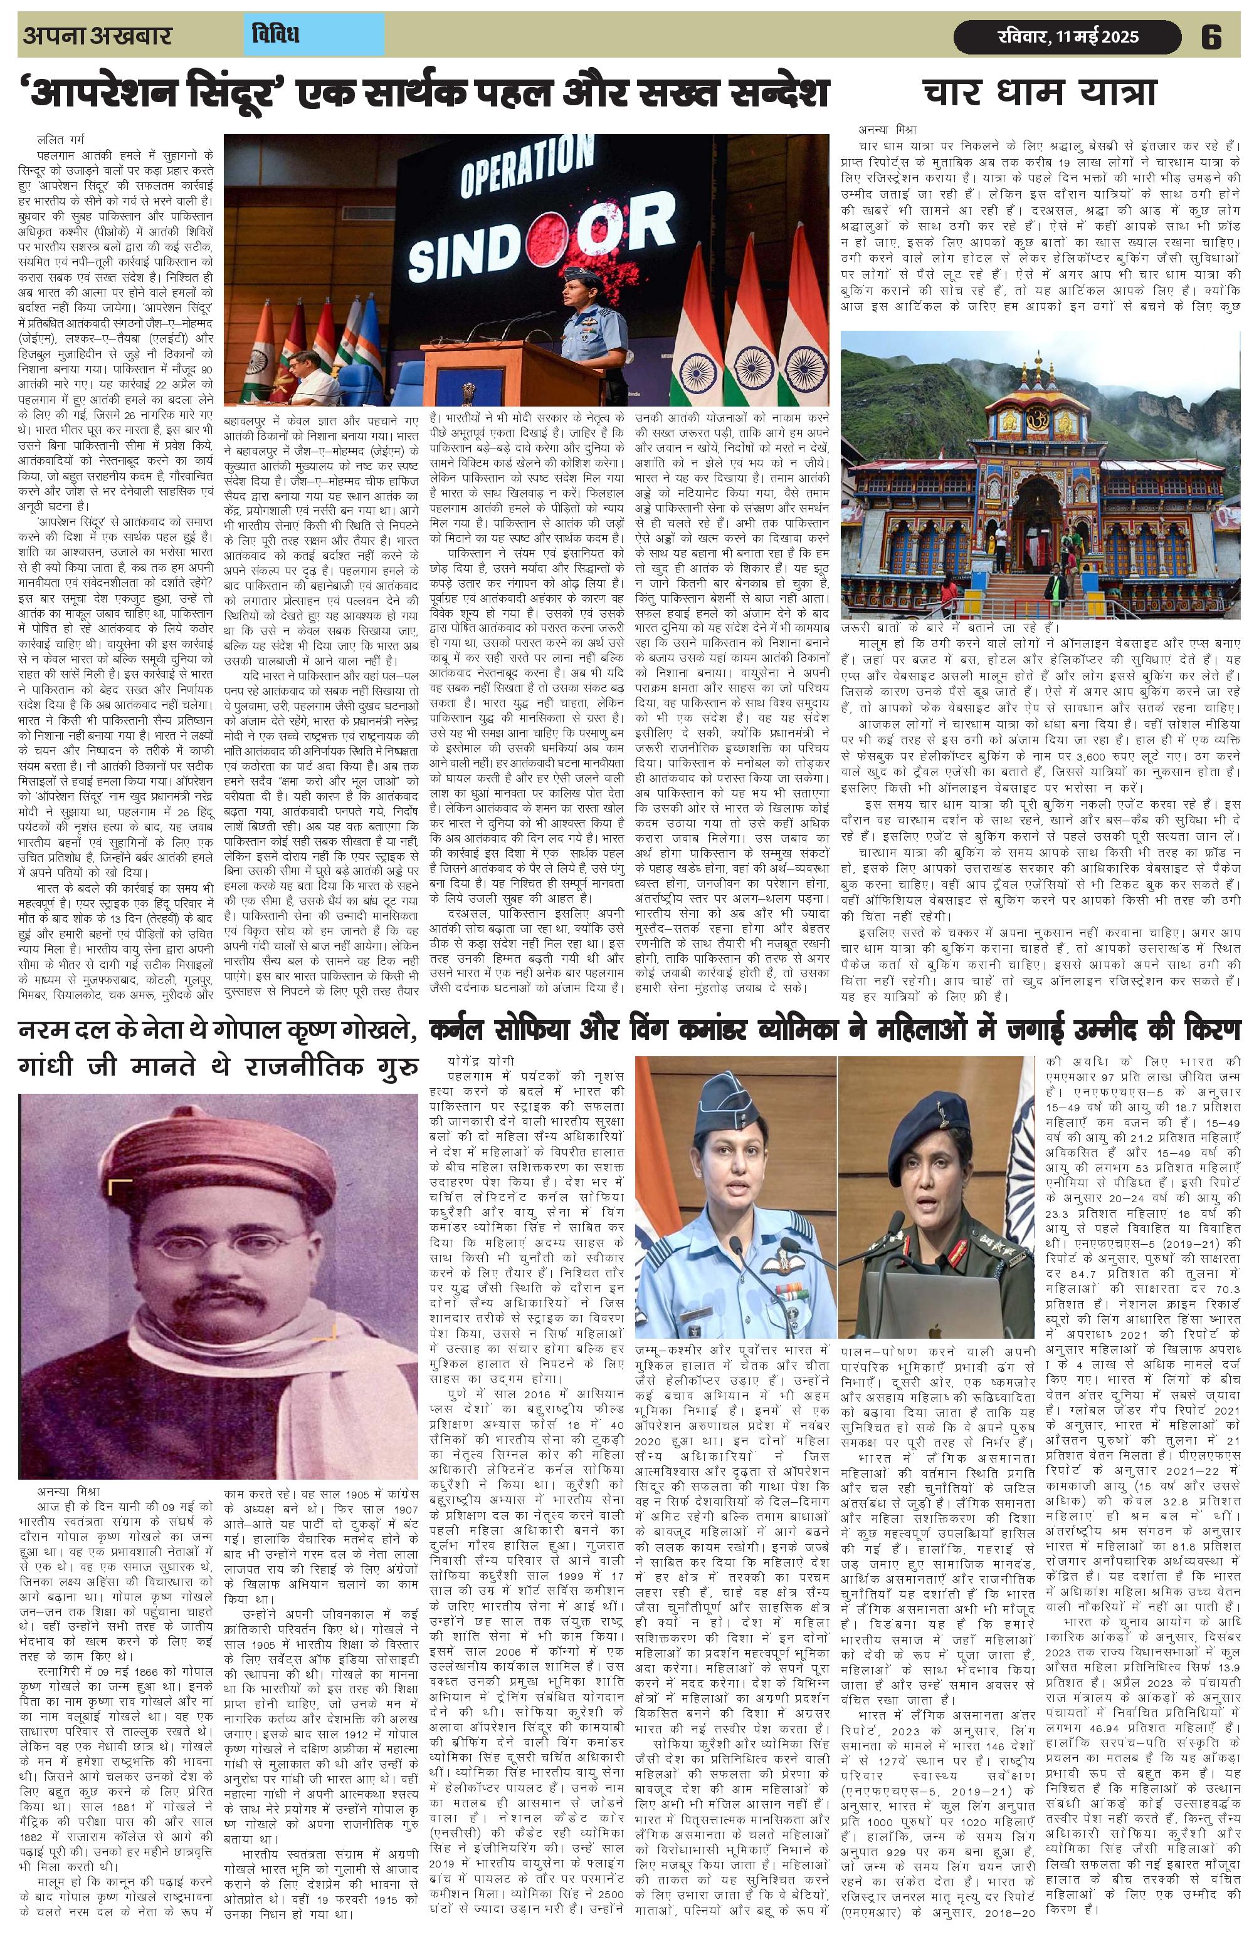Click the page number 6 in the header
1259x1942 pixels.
[x=1210, y=37]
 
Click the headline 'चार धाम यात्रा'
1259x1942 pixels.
[x=1041, y=92]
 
